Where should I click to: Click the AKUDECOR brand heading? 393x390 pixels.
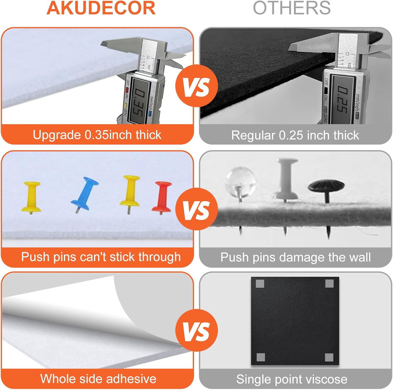click(x=101, y=8)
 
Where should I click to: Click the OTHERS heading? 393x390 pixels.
click(x=292, y=8)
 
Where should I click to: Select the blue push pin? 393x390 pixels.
click(x=84, y=194)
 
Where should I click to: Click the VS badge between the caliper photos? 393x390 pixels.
click(x=196, y=86)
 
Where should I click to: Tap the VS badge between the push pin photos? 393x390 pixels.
click(x=196, y=209)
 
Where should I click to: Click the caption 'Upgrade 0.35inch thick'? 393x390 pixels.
click(x=97, y=135)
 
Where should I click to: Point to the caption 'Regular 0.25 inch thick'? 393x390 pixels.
click(x=295, y=135)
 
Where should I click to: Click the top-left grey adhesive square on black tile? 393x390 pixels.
click(x=260, y=284)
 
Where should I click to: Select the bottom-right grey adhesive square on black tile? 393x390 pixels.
click(x=329, y=357)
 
